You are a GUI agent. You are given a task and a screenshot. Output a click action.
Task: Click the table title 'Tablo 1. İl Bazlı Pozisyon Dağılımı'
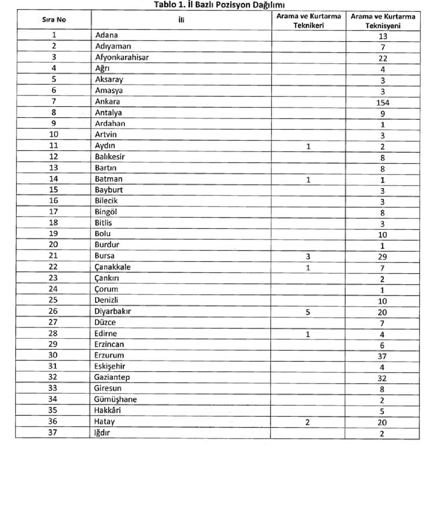tap(219, 5)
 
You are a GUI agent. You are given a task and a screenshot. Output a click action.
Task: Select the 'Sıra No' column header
tap(54, 20)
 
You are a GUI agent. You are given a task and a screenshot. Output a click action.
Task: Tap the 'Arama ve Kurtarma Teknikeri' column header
tap(309, 21)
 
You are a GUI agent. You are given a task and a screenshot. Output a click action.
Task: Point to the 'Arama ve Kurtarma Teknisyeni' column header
tap(383, 21)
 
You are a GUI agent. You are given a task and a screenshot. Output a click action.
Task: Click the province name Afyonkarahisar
tap(122, 57)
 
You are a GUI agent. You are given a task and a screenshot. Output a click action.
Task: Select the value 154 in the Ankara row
tap(383, 103)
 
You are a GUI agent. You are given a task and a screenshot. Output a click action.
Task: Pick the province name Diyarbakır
tap(113, 311)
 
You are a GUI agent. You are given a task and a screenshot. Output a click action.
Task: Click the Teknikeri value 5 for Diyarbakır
tap(308, 312)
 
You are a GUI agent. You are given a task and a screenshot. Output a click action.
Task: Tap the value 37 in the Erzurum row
tap(382, 356)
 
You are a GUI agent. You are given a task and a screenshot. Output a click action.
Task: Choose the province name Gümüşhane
tap(115, 399)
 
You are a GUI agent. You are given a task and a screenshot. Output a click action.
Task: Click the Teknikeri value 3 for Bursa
tap(308, 257)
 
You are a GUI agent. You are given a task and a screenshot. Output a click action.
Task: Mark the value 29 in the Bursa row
tap(382, 257)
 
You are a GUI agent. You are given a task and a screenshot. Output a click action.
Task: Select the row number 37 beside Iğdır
tap(53, 432)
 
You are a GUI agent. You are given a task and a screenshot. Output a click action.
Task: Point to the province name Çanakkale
tap(113, 267)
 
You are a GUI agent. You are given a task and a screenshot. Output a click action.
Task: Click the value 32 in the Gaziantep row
tap(382, 378)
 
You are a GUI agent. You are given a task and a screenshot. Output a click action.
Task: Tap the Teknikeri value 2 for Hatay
tap(308, 422)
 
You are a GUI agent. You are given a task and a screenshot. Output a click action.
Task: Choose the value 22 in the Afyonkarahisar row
tap(383, 59)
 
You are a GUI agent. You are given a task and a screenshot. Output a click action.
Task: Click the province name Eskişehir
tap(109, 366)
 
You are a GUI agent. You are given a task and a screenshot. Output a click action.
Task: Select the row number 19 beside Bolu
tap(53, 233)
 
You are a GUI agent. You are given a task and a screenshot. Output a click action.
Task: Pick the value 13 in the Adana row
tap(383, 36)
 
